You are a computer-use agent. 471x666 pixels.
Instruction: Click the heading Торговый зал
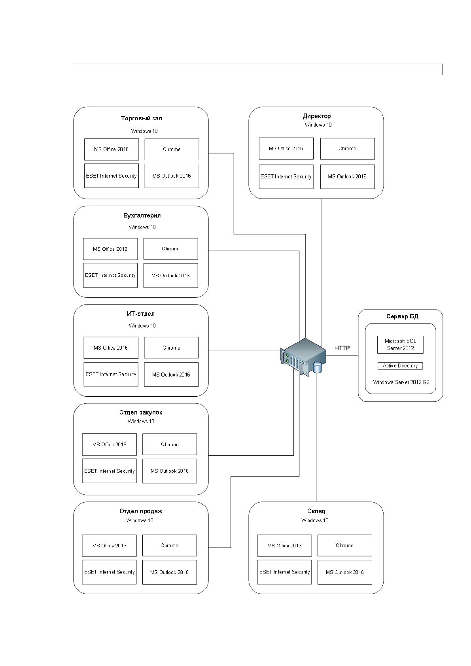(141, 118)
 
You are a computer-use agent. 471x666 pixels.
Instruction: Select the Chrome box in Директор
(347, 148)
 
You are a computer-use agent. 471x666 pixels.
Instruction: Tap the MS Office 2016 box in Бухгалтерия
(110, 249)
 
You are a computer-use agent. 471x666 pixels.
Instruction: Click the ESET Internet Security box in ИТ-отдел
(111, 374)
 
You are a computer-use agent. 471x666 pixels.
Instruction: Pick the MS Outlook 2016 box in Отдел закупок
(170, 471)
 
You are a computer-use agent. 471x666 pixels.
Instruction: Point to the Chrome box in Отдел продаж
(170, 545)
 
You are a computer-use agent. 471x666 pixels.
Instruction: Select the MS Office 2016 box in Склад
(285, 546)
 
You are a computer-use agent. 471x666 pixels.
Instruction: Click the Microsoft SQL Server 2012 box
(400, 344)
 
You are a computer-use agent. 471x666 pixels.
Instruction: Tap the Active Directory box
(400, 366)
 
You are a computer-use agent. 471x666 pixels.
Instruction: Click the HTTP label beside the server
(342, 348)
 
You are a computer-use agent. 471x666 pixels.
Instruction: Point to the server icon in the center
(303, 357)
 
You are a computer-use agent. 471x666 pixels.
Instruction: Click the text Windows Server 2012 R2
(401, 382)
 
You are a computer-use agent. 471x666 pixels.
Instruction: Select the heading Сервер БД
(402, 316)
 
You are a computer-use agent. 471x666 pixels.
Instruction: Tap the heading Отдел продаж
(141, 511)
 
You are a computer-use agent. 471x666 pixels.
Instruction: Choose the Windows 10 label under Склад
(315, 520)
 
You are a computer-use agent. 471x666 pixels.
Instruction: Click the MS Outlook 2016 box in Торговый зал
(172, 176)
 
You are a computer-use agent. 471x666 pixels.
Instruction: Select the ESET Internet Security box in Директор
(286, 177)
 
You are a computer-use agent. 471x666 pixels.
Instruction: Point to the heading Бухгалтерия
(142, 216)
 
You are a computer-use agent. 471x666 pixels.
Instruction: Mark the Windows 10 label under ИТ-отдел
(142, 325)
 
